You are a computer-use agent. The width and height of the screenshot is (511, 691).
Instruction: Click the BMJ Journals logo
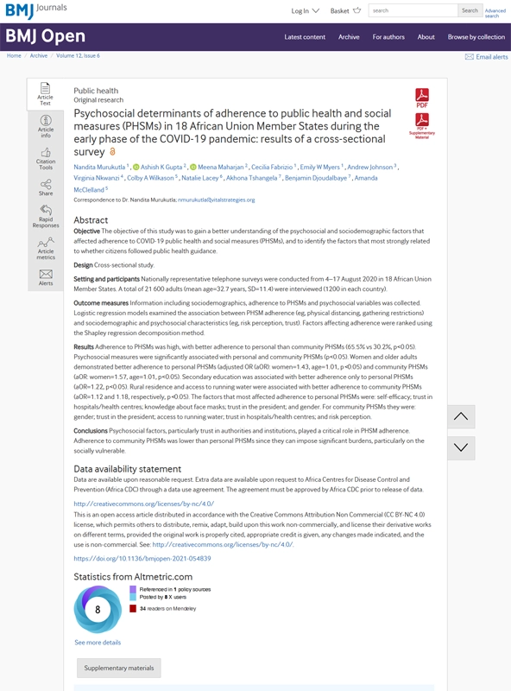coord(35,10)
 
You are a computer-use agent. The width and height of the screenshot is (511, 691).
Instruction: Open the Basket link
coord(339,11)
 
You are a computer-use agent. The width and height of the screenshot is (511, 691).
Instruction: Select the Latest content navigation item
coord(305,37)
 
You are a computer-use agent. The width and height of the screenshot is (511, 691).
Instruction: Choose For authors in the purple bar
coord(388,37)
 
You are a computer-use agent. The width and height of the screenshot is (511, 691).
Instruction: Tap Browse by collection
coord(476,37)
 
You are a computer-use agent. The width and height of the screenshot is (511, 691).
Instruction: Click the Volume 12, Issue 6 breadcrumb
coord(79,55)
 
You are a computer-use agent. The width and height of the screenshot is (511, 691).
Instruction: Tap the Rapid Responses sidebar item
coord(46,216)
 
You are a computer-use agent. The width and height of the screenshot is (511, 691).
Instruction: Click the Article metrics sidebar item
coord(46,248)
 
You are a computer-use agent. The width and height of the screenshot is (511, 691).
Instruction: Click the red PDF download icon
coord(422,97)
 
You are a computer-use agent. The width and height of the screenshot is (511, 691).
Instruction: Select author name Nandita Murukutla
coord(99,167)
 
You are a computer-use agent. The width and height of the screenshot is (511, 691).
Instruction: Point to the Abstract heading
coord(91,220)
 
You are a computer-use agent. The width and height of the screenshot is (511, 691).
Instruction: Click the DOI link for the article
coord(142,559)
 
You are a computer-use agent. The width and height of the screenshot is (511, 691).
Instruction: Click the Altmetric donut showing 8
coord(98,609)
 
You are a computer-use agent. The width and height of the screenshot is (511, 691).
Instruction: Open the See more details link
coord(98,643)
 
